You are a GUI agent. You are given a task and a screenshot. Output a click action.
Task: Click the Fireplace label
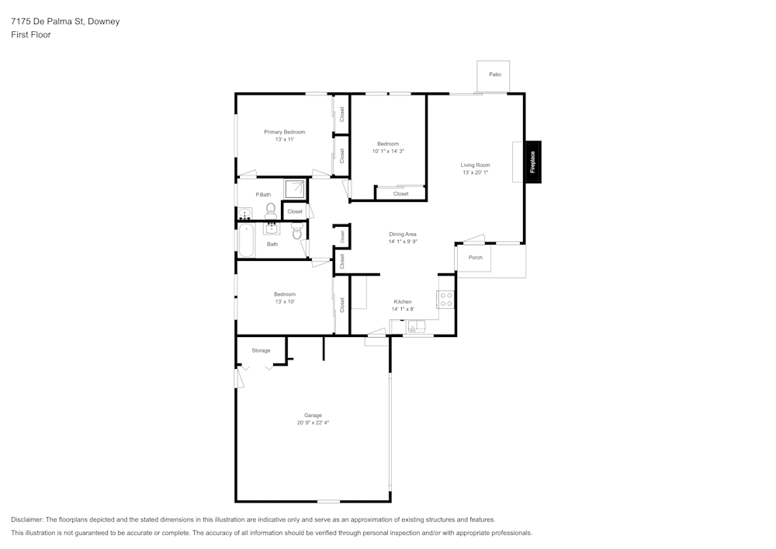pos(533,162)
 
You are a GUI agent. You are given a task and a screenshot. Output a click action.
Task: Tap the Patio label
pos(494,75)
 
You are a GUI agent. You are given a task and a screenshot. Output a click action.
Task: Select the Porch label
pos(475,258)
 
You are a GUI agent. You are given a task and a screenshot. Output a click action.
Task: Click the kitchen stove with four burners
pos(446,299)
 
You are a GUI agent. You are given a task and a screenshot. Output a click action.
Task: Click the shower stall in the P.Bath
pos(295,189)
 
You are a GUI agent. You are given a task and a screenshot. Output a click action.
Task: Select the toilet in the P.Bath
pos(270,210)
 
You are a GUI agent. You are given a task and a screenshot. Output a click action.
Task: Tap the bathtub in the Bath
pos(245,241)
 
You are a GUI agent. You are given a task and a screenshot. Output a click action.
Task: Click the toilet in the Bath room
pos(296,231)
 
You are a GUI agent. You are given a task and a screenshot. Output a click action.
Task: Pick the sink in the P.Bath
pos(244,214)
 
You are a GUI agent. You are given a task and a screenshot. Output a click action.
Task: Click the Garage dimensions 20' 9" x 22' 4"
pos(313,423)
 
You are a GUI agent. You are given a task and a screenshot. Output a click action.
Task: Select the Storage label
pos(261,351)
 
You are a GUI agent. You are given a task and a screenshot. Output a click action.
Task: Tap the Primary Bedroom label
pos(284,132)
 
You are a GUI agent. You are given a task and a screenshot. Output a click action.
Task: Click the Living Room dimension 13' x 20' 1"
pos(475,172)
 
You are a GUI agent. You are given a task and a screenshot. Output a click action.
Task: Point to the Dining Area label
pos(403,234)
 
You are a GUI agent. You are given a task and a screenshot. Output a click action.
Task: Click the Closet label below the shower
pos(295,211)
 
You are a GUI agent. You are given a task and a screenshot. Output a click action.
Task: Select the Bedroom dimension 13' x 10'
pos(284,301)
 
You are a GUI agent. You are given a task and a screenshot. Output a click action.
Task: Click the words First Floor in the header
pos(31,35)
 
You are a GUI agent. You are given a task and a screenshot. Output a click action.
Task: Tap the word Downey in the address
pos(104,22)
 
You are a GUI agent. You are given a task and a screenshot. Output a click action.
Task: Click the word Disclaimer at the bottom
pos(27,519)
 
